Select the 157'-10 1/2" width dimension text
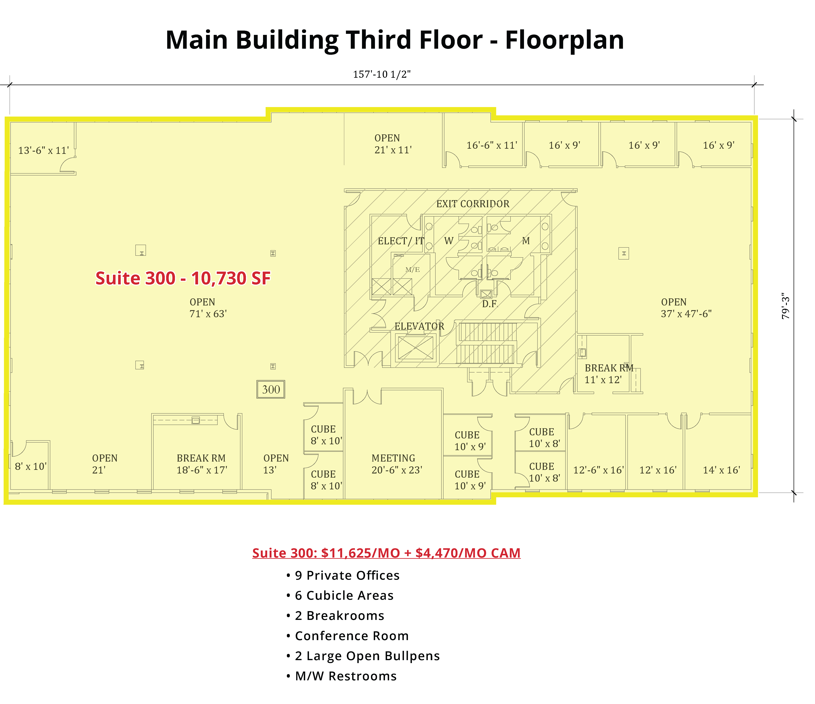coord(382,74)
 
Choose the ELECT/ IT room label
coord(401,241)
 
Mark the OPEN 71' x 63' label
coord(208,308)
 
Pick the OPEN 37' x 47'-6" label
coord(686,308)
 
